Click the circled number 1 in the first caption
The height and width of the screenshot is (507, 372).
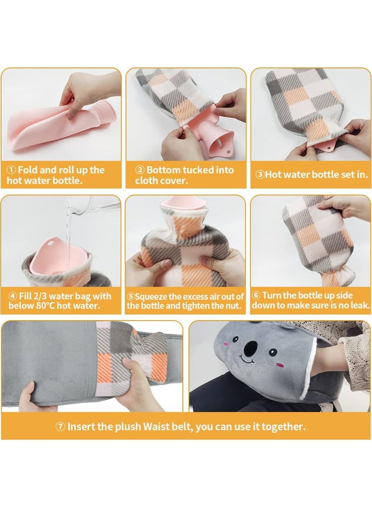pos(11,170)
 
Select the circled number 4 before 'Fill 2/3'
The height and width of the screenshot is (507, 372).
pos(12,296)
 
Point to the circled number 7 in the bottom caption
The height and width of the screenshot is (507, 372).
pos(60,427)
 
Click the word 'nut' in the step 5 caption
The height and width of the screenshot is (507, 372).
pos(235,305)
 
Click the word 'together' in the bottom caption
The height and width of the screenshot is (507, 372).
pos(284,427)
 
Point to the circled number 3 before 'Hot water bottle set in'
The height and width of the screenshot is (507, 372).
pos(261,175)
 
